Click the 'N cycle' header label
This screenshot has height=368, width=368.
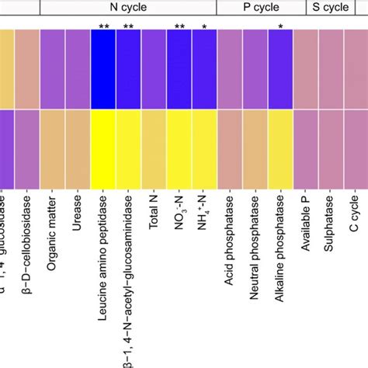[x=127, y=9]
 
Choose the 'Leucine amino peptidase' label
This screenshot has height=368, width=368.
[x=103, y=259]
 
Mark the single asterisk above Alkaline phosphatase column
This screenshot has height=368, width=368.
[x=280, y=27]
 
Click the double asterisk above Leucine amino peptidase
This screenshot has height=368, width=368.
[x=103, y=27]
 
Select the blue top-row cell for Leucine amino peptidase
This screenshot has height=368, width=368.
[x=103, y=68]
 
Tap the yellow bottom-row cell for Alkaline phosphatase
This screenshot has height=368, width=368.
[x=280, y=148]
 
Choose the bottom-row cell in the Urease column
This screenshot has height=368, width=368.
[x=78, y=148]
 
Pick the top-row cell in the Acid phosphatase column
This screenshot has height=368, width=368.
[x=230, y=68]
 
